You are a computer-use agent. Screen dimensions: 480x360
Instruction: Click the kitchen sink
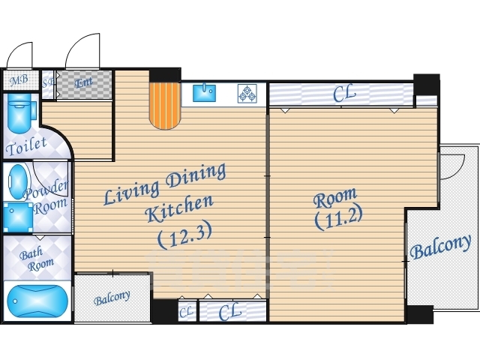[x=204, y=93]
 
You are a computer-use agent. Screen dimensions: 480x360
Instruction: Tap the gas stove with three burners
[x=247, y=93]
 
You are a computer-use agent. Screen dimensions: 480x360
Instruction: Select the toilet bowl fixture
[x=20, y=113]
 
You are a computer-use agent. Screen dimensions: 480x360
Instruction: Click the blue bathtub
[x=37, y=301]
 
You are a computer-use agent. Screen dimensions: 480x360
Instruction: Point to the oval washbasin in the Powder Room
[x=17, y=182]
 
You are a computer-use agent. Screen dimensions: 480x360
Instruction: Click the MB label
[x=19, y=80]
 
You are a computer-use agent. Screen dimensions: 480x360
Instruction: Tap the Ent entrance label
[x=83, y=82]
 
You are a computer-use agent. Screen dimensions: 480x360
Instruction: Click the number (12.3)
[x=185, y=235]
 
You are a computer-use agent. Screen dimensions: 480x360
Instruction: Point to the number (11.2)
[x=338, y=217]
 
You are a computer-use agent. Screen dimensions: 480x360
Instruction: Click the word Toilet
[x=26, y=146]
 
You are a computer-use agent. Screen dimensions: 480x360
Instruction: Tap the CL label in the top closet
[x=344, y=94]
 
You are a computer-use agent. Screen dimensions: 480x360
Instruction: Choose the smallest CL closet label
[x=186, y=312]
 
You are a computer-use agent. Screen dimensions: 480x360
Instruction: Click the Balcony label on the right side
[x=440, y=247]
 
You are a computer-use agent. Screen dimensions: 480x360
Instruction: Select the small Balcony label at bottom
[x=112, y=298]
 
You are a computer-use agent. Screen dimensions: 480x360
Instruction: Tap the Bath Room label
[x=37, y=259]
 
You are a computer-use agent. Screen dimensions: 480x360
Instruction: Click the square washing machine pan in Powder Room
[x=18, y=217]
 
